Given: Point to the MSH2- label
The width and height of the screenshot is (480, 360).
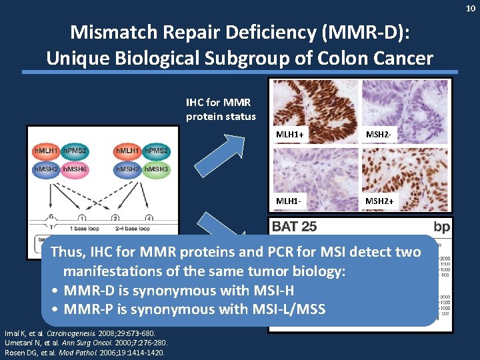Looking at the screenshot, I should pos(378,136).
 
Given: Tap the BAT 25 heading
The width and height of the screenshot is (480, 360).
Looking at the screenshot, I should pos(295,227).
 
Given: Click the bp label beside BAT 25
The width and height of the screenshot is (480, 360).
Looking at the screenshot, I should pos(441,227).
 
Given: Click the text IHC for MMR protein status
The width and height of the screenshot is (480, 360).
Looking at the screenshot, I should pos(221,110).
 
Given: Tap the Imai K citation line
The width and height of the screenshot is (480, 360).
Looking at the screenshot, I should pos(79,333).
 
